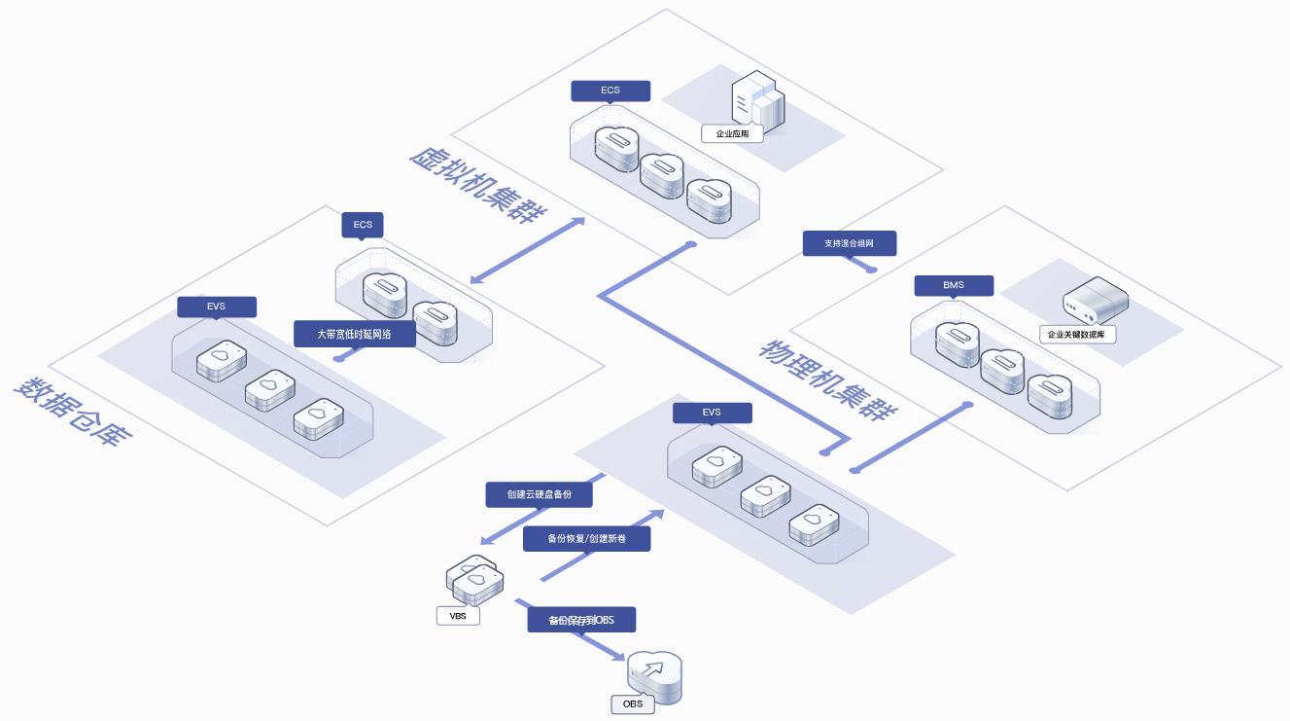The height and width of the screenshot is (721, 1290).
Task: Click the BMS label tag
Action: (x=954, y=285)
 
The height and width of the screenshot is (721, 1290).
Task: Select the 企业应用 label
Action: (x=732, y=133)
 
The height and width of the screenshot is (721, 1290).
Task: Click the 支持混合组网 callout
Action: (x=849, y=243)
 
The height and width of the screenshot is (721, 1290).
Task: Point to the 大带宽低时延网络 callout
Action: (x=354, y=334)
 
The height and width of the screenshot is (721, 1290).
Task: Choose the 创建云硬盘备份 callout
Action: (x=539, y=494)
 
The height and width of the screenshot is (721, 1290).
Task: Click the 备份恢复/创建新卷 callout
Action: (x=586, y=538)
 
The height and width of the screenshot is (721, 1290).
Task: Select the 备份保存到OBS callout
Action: (x=580, y=620)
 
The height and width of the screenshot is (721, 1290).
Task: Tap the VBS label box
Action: (x=458, y=616)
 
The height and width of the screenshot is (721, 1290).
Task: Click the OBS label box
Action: (x=632, y=703)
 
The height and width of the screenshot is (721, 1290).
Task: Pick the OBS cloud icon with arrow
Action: (x=654, y=673)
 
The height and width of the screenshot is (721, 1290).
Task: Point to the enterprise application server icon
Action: (x=757, y=101)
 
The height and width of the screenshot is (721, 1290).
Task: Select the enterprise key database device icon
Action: (x=1096, y=300)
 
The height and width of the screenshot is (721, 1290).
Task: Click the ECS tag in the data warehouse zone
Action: (x=363, y=225)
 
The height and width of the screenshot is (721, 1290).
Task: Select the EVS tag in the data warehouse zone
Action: (x=216, y=306)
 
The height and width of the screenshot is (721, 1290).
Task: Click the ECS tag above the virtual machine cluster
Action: (x=610, y=90)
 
